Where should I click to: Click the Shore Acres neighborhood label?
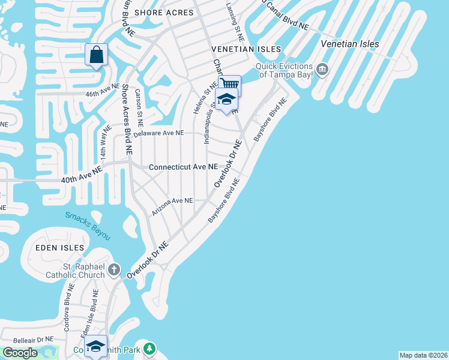164,12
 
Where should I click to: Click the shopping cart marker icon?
229,85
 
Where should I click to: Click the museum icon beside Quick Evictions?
322,70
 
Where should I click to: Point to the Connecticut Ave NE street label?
183,167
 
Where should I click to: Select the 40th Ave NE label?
82,175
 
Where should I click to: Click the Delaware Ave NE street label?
158,133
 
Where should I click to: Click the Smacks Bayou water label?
88,226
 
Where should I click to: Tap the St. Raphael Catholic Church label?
76,271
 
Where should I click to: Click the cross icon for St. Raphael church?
115,271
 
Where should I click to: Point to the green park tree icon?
149,348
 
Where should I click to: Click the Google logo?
20,353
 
